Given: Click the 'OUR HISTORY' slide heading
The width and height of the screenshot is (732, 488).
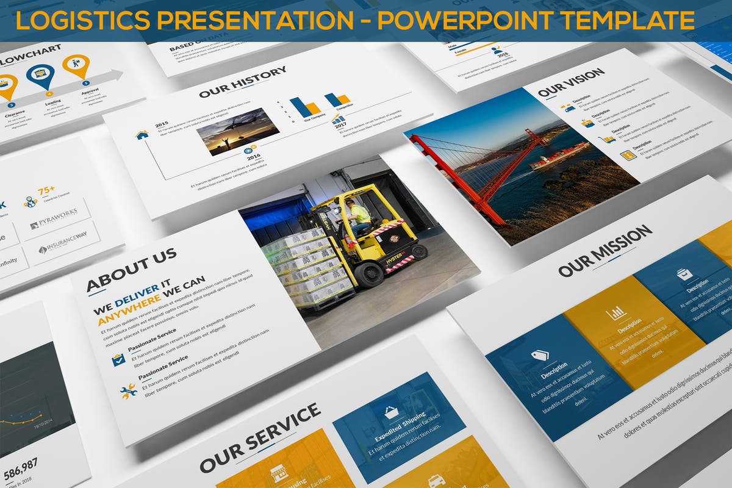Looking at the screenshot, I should (x=242, y=83).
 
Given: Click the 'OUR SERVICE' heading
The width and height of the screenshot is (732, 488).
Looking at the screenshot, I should (x=259, y=438).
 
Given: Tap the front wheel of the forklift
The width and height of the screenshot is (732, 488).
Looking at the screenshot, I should (x=369, y=275).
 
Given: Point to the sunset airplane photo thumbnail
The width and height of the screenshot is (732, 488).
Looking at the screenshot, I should (x=238, y=131).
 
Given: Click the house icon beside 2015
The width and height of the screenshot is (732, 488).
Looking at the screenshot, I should (x=142, y=134).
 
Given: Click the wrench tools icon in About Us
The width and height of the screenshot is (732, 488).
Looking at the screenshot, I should (x=128, y=392).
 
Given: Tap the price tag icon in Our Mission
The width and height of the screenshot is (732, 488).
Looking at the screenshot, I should (x=539, y=354).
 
